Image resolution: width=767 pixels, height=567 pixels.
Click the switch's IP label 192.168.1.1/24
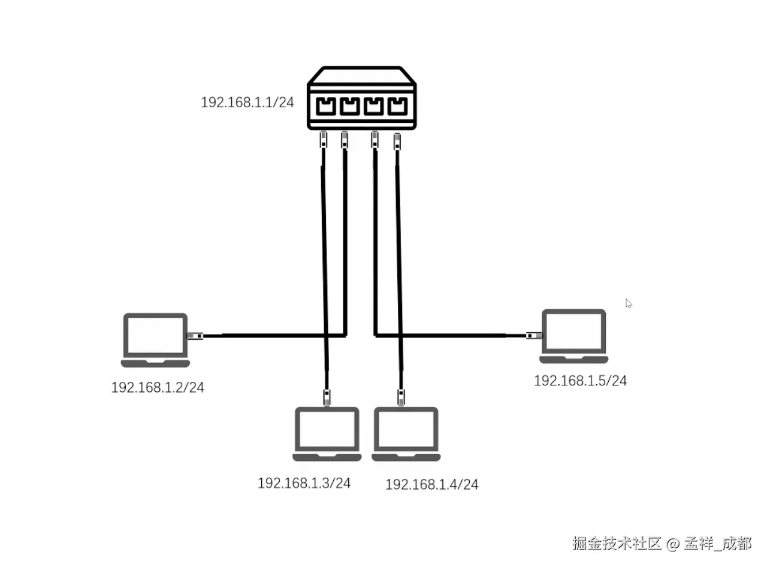247,102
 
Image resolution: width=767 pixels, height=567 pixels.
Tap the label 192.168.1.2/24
158,388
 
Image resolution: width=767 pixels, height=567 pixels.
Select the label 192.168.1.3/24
304,483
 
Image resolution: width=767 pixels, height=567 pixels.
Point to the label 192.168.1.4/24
431,484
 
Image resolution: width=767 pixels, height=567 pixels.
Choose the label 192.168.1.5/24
580,381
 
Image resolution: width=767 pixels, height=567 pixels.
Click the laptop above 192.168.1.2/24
155,339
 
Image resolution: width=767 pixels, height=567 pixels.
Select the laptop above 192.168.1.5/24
573,336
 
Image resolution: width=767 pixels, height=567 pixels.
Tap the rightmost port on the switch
397,107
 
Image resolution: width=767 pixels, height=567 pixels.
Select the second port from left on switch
350,107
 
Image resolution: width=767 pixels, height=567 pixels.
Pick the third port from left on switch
373,107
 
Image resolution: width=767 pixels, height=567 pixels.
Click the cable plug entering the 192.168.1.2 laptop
195,336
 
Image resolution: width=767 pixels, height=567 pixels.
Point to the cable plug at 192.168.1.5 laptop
532,336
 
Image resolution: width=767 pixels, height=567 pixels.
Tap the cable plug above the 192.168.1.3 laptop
327,397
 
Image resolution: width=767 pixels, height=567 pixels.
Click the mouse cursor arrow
629,303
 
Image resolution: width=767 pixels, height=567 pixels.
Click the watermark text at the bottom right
662,543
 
